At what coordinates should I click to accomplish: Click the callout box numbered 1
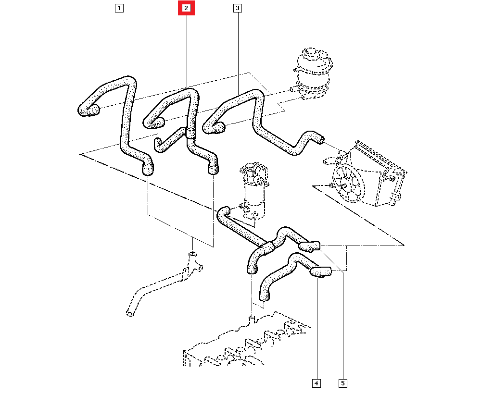click(119, 8)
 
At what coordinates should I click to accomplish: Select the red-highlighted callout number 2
click(186, 8)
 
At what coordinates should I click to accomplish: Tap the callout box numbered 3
click(237, 8)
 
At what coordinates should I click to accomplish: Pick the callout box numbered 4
click(316, 383)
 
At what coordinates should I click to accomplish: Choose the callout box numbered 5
click(343, 383)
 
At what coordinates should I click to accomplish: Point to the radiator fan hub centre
click(345, 184)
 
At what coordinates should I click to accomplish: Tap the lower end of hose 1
click(148, 169)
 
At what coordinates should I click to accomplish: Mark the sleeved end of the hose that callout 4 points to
click(321, 272)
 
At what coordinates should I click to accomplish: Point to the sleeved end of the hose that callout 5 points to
click(309, 246)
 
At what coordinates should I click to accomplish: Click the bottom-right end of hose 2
click(212, 169)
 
